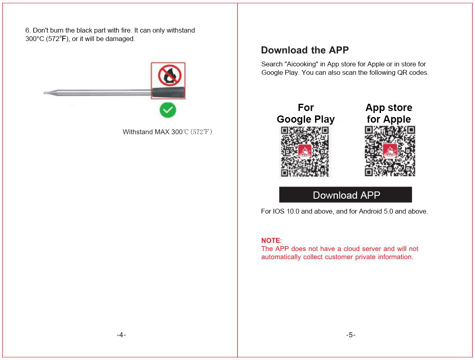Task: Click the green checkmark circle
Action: (x=168, y=110)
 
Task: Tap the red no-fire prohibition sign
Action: (x=170, y=75)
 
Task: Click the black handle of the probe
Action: (x=168, y=93)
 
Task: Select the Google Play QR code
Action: (x=305, y=152)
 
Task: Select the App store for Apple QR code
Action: (x=389, y=151)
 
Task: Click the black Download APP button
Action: (x=346, y=195)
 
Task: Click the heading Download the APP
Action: (x=305, y=50)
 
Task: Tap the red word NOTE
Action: (x=270, y=241)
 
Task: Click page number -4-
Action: (x=121, y=335)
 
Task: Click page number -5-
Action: (x=350, y=335)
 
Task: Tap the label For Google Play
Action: (x=305, y=113)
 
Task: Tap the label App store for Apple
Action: (x=389, y=113)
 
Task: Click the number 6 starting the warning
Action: (x=27, y=30)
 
